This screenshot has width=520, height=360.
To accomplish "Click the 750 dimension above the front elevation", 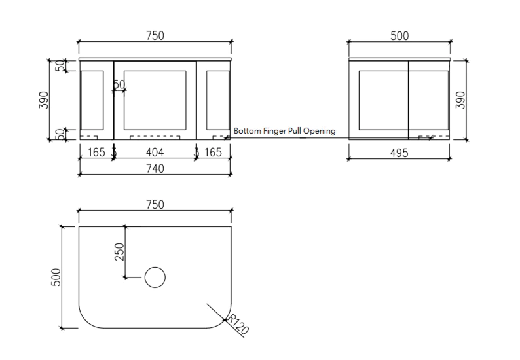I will [x=155, y=36].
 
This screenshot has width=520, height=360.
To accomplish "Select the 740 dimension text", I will [x=155, y=168].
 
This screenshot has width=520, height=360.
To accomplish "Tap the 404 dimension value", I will [x=155, y=153].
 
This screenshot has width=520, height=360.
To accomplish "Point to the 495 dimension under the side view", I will [x=399, y=153].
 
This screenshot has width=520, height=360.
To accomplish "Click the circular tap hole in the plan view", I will [x=155, y=278].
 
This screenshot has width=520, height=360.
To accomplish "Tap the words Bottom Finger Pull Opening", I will [x=284, y=131].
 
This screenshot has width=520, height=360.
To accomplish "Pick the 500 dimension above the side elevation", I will [x=399, y=36].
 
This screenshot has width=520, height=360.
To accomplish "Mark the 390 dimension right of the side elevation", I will [x=460, y=99].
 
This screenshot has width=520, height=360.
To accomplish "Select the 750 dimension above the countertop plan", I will [x=155, y=205].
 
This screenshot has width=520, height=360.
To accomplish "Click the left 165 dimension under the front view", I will [x=96, y=153].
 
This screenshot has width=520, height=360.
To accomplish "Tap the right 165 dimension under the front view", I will [x=213, y=153].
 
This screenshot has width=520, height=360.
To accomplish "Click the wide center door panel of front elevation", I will [x=155, y=99].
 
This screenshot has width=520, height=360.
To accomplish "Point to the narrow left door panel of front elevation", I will [x=92, y=99].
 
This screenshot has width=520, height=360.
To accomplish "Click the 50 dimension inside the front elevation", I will [x=119, y=84].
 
